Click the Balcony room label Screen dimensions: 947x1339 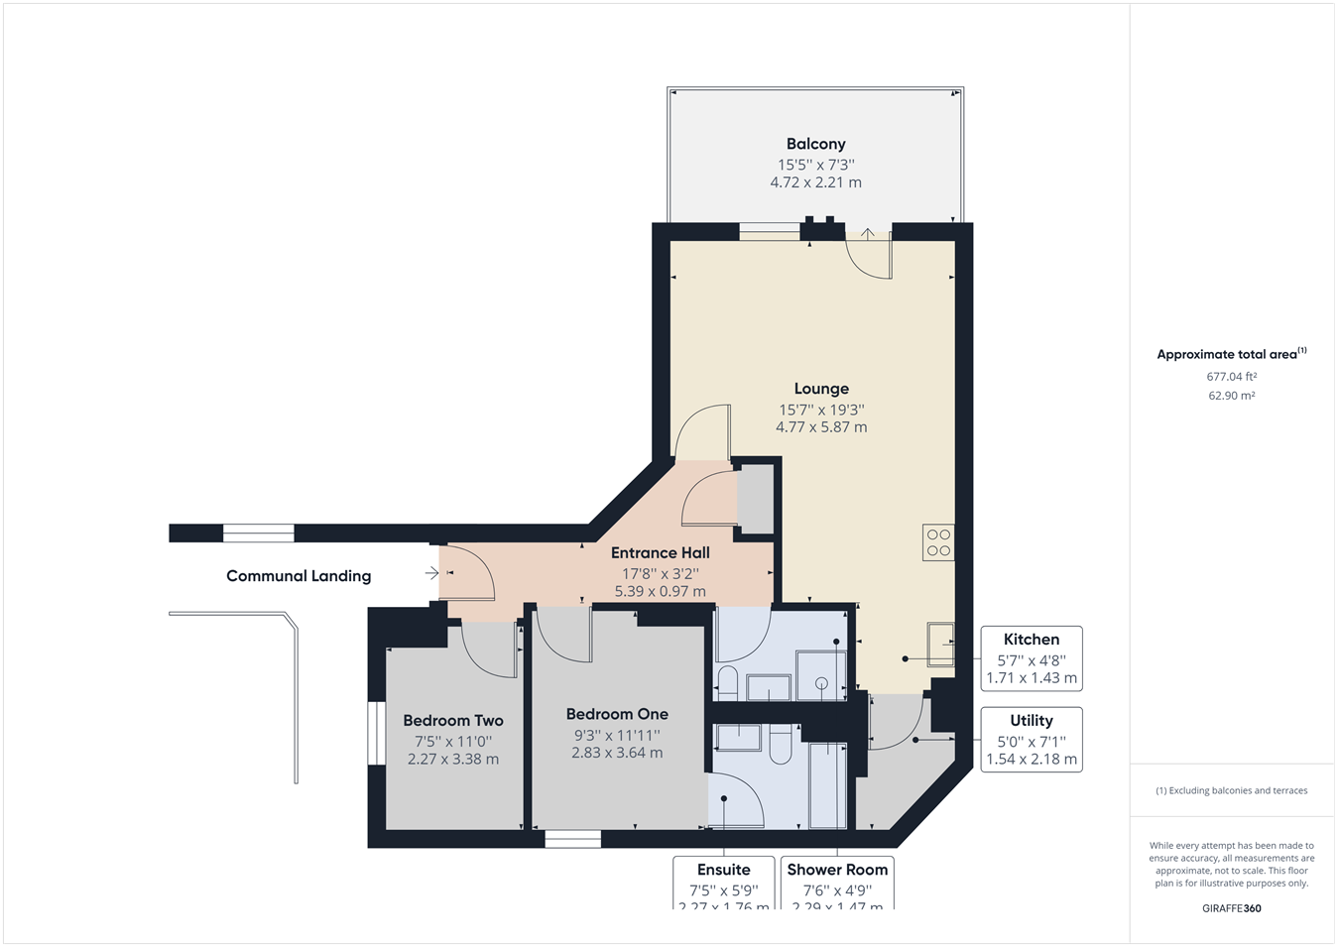coord(815,144)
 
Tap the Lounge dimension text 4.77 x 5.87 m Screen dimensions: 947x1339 coord(820,427)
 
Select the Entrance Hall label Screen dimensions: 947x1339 coord(660,553)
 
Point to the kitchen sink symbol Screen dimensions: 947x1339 coord(940,644)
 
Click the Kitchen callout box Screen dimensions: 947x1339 coord(1031,658)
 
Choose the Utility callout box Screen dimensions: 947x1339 coord(1031,740)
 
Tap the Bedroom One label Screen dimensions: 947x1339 coord(617,714)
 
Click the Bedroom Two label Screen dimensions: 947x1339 coord(453,721)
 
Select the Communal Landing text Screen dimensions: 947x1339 coord(299,576)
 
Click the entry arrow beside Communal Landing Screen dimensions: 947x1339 coord(431,573)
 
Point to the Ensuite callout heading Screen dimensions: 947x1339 coord(723,870)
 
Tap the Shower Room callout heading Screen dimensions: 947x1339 coord(837,870)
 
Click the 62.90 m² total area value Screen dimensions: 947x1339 coord(1231,396)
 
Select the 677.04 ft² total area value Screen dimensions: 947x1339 coord(1231,377)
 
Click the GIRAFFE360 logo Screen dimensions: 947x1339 coord(1231,908)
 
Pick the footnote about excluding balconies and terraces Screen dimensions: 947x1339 coord(1231,791)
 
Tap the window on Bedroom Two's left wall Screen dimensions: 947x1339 coord(376,734)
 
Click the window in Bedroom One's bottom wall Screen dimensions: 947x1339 coord(572,839)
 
